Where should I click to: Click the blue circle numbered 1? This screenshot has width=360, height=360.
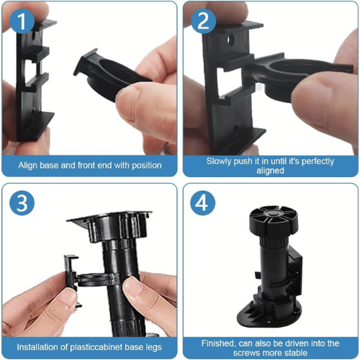(22, 21)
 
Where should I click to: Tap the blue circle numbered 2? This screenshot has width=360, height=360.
(203, 21)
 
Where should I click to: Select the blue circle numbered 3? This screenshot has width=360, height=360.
(22, 203)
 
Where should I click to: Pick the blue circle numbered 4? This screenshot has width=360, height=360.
(203, 203)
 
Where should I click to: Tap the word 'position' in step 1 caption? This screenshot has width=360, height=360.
(147, 166)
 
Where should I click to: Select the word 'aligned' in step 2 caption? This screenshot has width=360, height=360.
(270, 171)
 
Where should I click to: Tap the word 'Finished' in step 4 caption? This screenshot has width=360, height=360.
(218, 343)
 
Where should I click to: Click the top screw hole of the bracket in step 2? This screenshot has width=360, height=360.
(231, 40)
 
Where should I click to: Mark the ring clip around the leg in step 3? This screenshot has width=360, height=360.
(99, 280)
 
